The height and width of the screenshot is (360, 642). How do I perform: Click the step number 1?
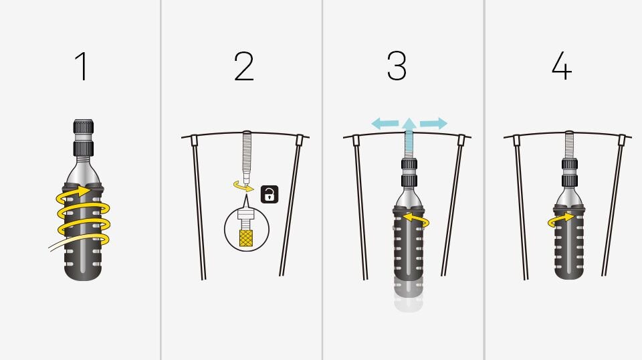(x=82, y=66)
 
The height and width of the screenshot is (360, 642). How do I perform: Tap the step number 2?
(x=244, y=66)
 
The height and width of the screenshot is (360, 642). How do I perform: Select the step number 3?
(x=397, y=66)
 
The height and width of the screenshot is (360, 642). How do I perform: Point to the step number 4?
(x=561, y=66)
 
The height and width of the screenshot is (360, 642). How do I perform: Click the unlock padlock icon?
(x=270, y=194)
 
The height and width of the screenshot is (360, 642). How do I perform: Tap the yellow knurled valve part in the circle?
(x=245, y=238)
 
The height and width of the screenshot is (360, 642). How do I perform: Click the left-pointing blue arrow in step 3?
(x=385, y=123)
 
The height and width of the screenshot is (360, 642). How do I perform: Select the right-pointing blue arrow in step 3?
(x=433, y=123)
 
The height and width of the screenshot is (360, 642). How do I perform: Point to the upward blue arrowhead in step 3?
(x=409, y=124)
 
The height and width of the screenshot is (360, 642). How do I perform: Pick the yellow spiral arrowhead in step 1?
(x=85, y=191)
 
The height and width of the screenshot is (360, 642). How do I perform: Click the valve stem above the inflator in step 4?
(x=568, y=145)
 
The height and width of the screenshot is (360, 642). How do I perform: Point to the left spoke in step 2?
(x=199, y=207)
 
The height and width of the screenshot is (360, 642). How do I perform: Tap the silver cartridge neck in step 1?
(x=84, y=171)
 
